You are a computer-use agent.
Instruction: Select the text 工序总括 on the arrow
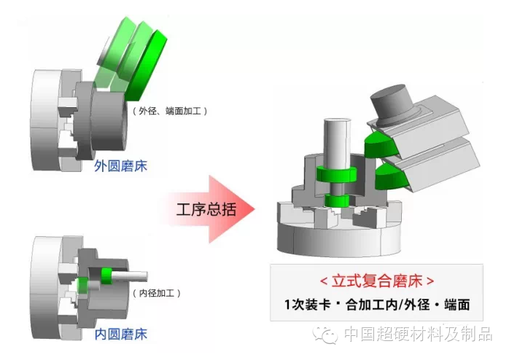206,210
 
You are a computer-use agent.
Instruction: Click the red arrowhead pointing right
244,210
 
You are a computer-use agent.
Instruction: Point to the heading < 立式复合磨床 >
376,280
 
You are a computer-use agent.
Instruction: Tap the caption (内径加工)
158,293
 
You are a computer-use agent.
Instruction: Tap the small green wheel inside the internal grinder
106,276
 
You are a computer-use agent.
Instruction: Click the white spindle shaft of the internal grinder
131,276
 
